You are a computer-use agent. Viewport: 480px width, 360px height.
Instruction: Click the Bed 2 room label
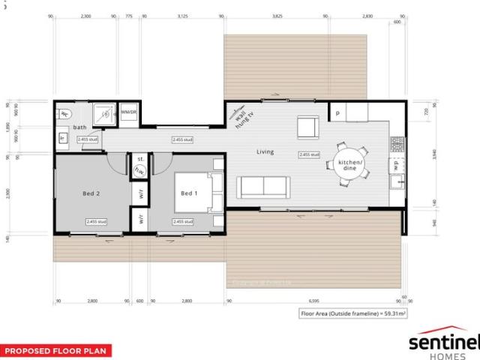[x=91, y=193]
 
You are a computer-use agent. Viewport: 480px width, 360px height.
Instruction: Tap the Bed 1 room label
[x=188, y=193]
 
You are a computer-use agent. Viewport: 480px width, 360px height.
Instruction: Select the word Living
[x=265, y=152]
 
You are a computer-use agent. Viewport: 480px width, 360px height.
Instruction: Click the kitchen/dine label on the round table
[x=350, y=166]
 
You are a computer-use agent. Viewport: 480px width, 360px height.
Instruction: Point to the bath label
[x=80, y=127]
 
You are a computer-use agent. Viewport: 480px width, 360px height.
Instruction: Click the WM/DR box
[x=129, y=112]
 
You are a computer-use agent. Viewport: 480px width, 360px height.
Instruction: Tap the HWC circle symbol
[x=139, y=172]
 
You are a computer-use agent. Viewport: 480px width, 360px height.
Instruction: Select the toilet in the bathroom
[x=64, y=115]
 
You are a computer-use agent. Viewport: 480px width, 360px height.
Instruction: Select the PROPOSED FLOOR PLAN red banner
[x=55, y=350]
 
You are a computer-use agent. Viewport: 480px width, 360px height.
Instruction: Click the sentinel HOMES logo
[x=443, y=344]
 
